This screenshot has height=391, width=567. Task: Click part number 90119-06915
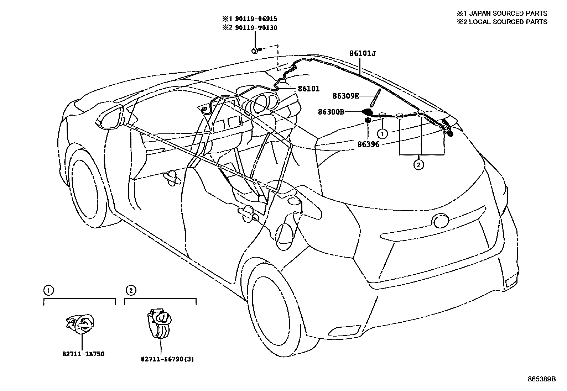click(x=255, y=19)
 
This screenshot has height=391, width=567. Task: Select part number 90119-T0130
click(x=255, y=28)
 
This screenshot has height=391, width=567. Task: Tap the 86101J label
click(x=363, y=54)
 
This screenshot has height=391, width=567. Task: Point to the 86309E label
click(x=346, y=96)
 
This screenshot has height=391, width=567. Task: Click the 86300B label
click(x=331, y=112)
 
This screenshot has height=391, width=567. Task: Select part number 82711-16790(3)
click(x=167, y=359)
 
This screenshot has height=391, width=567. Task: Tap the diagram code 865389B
click(x=541, y=379)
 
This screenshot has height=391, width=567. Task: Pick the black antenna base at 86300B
click(x=368, y=112)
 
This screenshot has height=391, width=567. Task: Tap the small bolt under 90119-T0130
click(x=255, y=51)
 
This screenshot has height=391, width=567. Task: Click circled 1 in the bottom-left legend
click(x=48, y=291)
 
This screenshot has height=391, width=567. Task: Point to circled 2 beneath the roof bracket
click(x=418, y=165)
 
